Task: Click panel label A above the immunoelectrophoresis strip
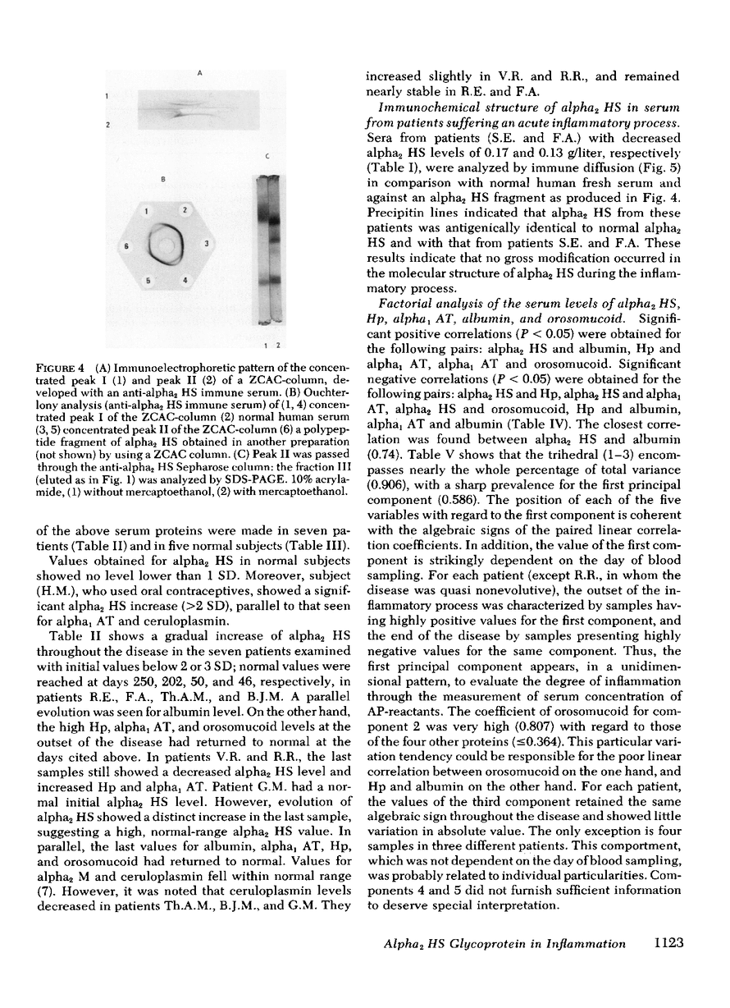199,73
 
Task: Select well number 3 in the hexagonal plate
206,245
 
